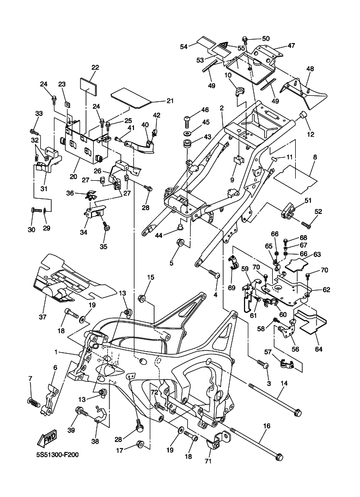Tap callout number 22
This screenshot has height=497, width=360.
click(x=95, y=68)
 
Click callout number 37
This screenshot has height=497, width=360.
click(x=42, y=316)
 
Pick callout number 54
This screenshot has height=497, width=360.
click(x=184, y=47)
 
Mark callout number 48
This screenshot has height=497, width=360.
click(x=310, y=69)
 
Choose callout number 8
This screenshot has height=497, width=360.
click(x=314, y=157)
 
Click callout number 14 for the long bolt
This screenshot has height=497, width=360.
click(x=284, y=383)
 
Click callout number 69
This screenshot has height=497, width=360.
click(x=231, y=287)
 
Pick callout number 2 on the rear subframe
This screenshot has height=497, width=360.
click(x=222, y=108)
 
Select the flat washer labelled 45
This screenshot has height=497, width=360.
click(x=188, y=133)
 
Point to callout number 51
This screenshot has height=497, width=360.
click(x=308, y=200)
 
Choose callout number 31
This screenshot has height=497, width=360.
click(x=42, y=188)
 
